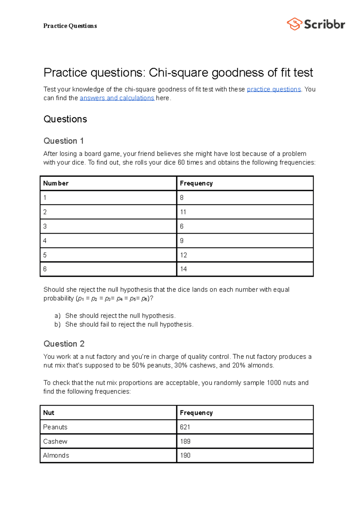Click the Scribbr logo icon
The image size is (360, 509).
click(294, 24)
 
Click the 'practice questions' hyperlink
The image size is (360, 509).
click(274, 89)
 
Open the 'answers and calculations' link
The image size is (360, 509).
click(117, 98)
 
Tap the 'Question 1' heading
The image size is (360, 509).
click(64, 141)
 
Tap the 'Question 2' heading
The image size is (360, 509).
click(64, 344)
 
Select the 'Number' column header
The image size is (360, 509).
click(56, 183)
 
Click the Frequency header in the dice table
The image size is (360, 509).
click(196, 183)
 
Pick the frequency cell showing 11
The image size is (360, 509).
click(183, 212)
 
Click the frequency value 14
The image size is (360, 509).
click(183, 269)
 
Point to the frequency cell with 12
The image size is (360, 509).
click(183, 255)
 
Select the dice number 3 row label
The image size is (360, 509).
click(45, 226)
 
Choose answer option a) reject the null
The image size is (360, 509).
click(120, 316)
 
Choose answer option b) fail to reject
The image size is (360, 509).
click(129, 324)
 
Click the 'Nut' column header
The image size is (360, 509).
click(49, 412)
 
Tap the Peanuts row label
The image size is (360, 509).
click(55, 427)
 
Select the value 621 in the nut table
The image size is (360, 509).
click(185, 427)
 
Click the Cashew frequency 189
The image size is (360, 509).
click(185, 441)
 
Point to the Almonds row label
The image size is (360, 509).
click(56, 455)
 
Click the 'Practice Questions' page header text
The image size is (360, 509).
click(70, 26)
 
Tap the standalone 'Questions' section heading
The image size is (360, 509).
click(65, 119)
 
